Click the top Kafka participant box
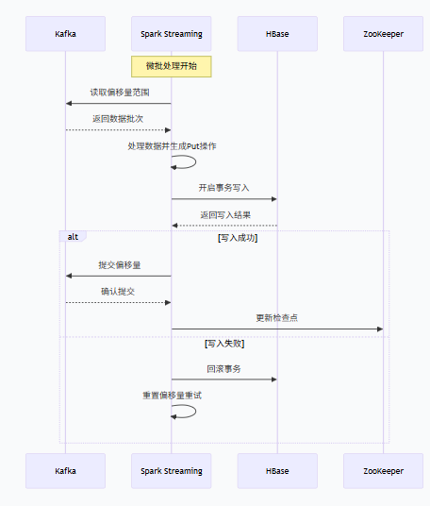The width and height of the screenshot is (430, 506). (65, 34)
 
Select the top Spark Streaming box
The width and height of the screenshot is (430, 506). (171, 34)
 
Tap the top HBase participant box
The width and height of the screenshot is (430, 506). (277, 34)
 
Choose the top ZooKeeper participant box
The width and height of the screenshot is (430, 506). (383, 34)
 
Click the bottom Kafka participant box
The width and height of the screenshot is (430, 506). (65, 470)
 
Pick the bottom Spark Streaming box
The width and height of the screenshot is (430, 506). (171, 470)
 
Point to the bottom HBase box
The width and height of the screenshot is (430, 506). (277, 470)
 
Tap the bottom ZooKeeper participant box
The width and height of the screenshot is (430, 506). (383, 470)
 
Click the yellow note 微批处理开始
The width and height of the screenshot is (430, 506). (171, 66)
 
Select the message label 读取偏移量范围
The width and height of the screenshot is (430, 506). (119, 93)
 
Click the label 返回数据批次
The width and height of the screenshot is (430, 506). (119, 119)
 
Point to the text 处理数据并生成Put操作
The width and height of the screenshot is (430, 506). (172, 146)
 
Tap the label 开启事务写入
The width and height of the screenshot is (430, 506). (224, 188)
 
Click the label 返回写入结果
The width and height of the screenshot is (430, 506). (224, 214)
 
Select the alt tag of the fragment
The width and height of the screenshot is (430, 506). (73, 236)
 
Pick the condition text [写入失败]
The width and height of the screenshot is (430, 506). (224, 344)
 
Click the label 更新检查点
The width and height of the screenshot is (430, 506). (277, 318)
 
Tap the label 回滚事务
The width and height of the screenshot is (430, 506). (224, 368)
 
